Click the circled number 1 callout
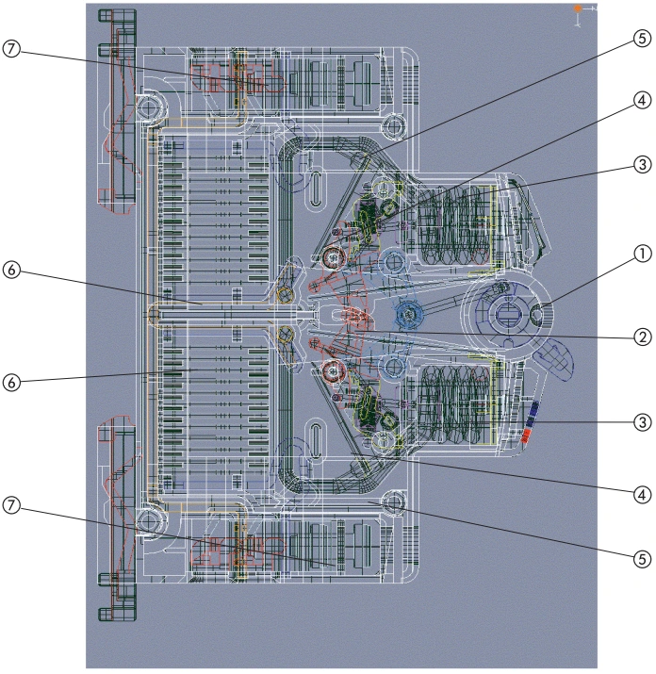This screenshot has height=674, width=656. [642, 254]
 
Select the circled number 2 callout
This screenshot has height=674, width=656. [642, 337]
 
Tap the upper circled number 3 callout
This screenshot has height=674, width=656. [642, 164]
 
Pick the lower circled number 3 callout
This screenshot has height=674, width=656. [642, 421]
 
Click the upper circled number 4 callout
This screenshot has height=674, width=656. [642, 100]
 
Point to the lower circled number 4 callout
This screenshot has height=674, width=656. [642, 495]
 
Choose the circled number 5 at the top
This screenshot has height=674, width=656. [642, 39]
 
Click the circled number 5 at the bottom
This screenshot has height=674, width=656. [642, 559]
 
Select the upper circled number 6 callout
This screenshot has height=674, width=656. [11, 271]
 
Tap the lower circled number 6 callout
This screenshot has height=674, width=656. [11, 382]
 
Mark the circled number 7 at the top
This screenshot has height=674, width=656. [11, 49]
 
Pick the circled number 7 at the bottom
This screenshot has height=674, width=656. [11, 505]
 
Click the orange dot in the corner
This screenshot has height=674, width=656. [578, 8]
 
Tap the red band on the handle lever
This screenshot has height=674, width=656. [525, 435]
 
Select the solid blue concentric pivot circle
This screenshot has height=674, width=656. [409, 315]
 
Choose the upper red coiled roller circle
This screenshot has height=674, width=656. [333, 258]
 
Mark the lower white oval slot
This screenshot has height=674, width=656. [316, 441]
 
